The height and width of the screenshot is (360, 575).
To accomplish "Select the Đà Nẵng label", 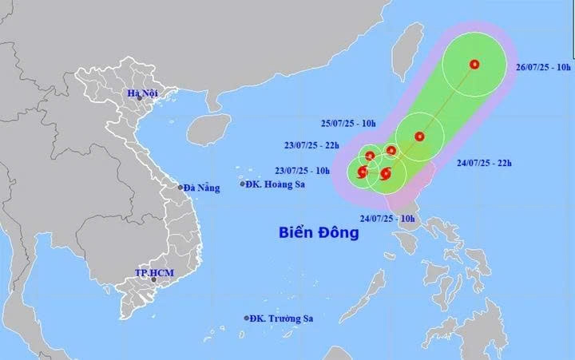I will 202,188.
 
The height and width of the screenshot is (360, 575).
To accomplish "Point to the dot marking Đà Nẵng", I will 180,188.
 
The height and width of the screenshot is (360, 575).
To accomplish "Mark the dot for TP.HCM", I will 153,280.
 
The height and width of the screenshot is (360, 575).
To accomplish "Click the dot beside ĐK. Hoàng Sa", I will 244,184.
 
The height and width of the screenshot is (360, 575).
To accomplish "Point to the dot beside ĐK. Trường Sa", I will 246,318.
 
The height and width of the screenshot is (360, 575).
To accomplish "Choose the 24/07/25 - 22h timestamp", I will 484,164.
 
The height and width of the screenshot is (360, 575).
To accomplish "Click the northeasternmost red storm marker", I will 474,65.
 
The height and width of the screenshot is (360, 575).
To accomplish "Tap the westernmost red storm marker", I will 363,172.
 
